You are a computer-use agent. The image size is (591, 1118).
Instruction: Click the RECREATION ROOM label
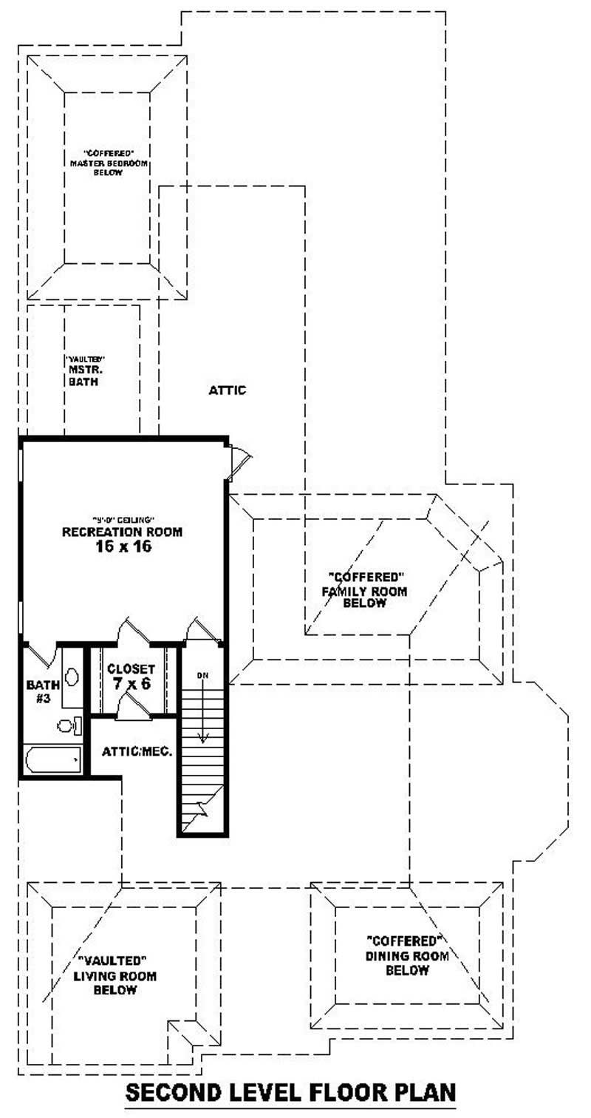coord(122,532)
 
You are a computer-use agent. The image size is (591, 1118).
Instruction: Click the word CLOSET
coord(131,668)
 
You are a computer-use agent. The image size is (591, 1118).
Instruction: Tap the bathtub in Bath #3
coord(52,759)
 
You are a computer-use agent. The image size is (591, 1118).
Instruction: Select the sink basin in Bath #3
coord(72,676)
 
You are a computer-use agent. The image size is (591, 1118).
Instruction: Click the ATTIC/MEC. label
coord(137,751)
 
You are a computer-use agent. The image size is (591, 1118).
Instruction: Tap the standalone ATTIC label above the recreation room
coord(227,390)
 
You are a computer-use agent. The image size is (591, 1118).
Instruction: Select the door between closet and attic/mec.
coord(133,707)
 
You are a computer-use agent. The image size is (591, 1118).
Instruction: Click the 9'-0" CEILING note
coord(123,518)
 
